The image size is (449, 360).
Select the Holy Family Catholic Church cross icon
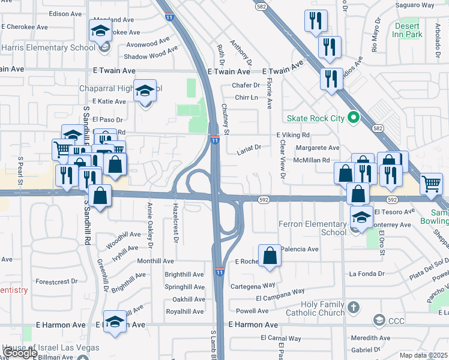tap(354, 308)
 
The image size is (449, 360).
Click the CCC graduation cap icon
tap(378, 321)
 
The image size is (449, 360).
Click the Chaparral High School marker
tap(145, 91)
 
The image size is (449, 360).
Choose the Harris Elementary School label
tap(48, 47)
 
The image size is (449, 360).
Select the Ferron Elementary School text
tap(313, 229)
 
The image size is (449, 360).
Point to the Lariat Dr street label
tap(250, 147)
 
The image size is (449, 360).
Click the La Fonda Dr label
tap(367, 274)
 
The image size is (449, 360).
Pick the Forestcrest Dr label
tap(57, 281)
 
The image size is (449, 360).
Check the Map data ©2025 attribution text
tap(424, 355)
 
